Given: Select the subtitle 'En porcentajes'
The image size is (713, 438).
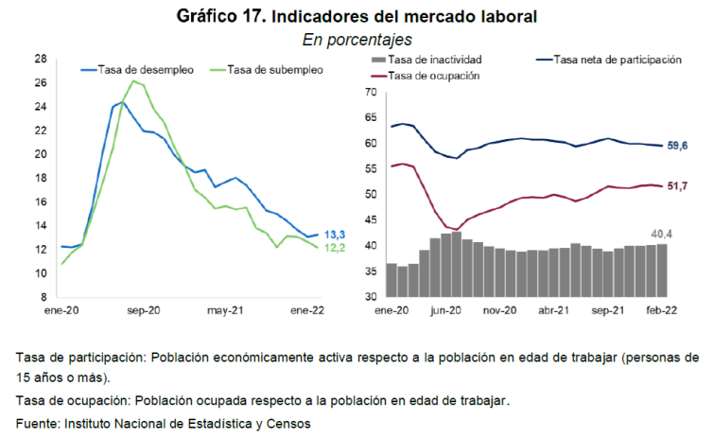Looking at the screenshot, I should coord(356,40).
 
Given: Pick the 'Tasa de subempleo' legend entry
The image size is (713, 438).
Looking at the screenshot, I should coord(270,69).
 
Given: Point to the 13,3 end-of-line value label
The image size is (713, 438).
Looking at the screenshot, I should coord(335,234).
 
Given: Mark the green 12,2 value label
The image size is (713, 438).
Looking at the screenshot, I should coord(335,248).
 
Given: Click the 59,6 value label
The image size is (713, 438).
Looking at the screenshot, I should coord(678,146).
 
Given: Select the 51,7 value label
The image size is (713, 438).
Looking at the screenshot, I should coord(678,185).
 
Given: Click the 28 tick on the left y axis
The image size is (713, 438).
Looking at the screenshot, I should coord(41,59).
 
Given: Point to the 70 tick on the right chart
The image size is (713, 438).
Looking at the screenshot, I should coord(371,93).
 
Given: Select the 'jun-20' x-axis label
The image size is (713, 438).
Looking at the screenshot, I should coord(444,309).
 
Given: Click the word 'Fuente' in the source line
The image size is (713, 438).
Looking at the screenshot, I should coord(36,424).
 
